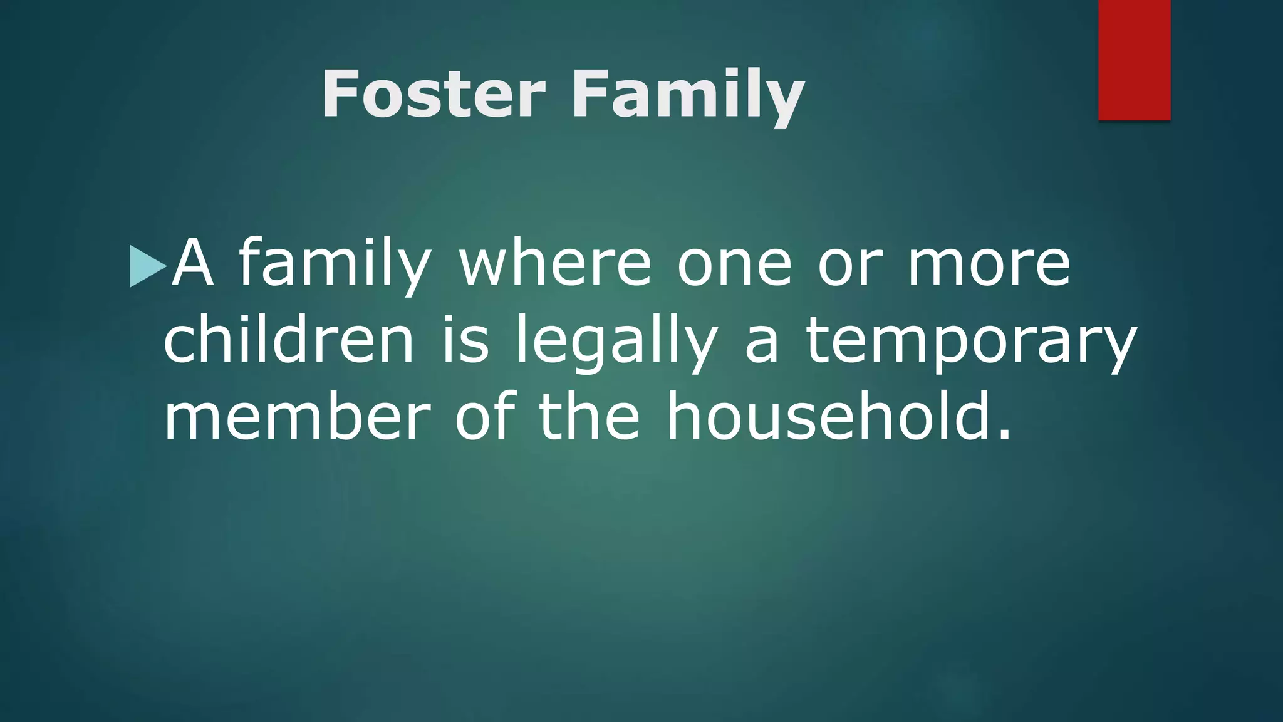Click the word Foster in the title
(434, 94)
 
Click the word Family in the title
(687, 95)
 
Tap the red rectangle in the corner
(1134, 60)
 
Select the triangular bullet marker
(146, 266)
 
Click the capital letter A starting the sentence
(193, 263)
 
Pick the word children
(289, 340)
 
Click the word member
(297, 417)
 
